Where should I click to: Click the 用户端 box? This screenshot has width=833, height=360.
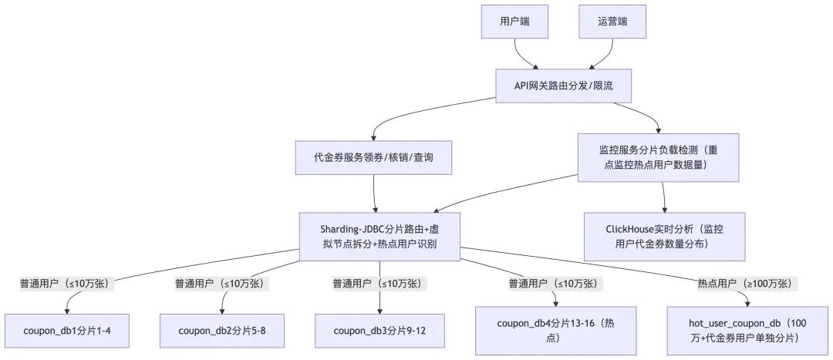click(x=515, y=22)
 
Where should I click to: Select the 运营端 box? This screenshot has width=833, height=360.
click(x=612, y=22)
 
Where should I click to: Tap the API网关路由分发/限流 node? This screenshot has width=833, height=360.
click(x=563, y=85)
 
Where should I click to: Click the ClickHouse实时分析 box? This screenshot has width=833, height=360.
click(x=664, y=237)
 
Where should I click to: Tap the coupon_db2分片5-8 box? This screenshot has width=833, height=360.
click(x=221, y=331)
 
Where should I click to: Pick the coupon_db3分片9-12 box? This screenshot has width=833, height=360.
click(x=379, y=331)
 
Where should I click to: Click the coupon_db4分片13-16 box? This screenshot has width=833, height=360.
click(x=557, y=331)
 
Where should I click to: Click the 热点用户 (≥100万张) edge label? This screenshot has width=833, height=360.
click(x=744, y=284)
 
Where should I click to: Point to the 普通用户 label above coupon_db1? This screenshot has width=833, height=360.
click(x=67, y=284)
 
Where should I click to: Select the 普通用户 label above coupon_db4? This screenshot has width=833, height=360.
click(x=552, y=284)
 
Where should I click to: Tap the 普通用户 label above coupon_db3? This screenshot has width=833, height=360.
click(x=379, y=284)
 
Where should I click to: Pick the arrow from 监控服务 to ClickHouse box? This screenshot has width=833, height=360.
click(x=664, y=197)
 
